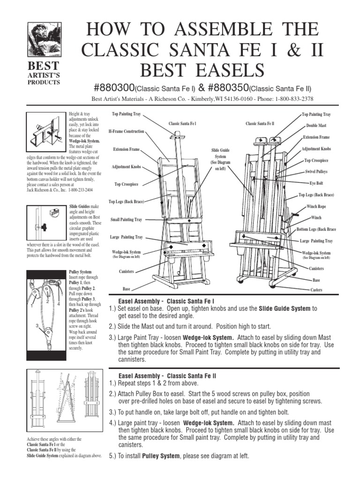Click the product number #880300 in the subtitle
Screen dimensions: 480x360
pyautogui.click(x=114, y=89)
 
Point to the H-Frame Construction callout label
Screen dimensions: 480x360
pyautogui.click(x=126, y=132)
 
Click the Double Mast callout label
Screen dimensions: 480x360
pyautogui.click(x=316, y=126)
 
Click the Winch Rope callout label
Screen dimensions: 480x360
pyautogui.click(x=316, y=206)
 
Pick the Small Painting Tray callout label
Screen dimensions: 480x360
pyautogui.click(x=126, y=219)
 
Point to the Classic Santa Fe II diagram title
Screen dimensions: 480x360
pyautogui.click(x=260, y=124)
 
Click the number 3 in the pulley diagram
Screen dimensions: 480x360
pyautogui.click(x=36, y=325)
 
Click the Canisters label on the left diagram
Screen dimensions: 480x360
pyautogui.click(x=126, y=272)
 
